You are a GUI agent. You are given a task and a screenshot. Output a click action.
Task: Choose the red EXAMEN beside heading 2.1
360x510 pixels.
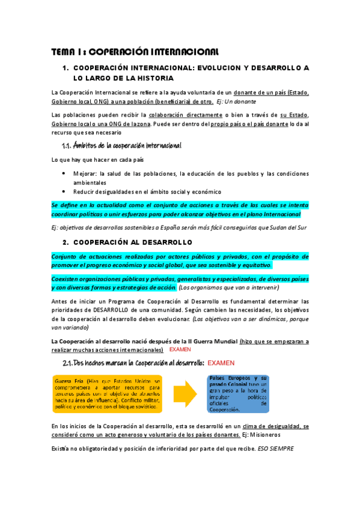coord(221,363)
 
